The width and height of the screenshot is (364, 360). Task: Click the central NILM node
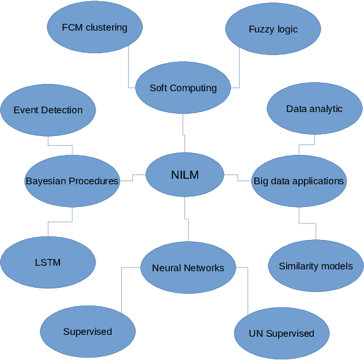tap(184, 175)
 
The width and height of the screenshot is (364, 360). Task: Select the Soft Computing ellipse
tap(183, 88)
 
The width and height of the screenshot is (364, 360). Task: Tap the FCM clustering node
tap(94, 28)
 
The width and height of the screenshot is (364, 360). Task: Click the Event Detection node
tap(48, 110)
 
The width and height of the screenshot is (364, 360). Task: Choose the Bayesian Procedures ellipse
tap(72, 181)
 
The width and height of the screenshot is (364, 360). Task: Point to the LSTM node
tap(48, 263)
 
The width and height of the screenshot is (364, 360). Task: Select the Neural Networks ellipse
tap(188, 268)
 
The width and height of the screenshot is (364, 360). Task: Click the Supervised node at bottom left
tap(88, 332)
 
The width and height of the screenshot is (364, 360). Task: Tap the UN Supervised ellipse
tap(281, 334)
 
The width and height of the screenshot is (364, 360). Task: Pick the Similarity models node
tap(316, 266)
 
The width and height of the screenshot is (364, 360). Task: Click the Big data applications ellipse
tap(298, 181)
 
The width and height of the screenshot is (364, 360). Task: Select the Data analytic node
tap(314, 109)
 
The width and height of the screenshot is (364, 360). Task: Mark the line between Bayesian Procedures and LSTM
tap(72, 216)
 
